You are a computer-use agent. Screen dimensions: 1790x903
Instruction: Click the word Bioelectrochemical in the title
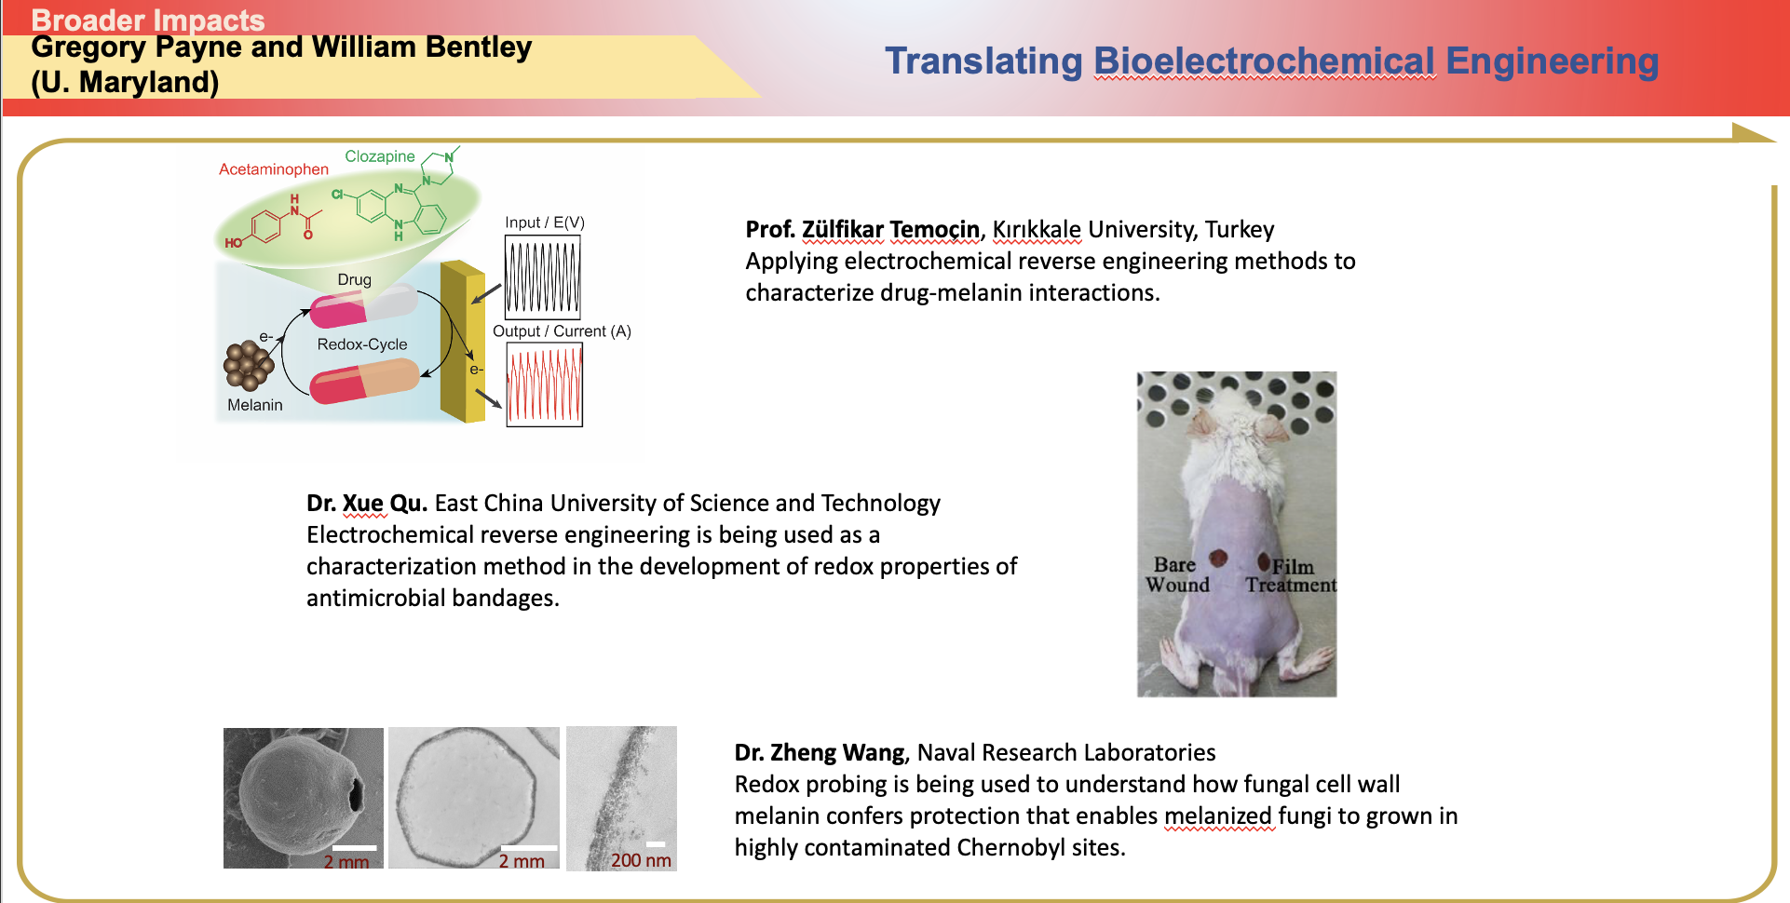pos(1265,61)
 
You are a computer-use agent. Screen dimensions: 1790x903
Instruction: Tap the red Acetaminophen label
pos(274,169)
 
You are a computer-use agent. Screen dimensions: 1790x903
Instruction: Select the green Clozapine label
pos(380,156)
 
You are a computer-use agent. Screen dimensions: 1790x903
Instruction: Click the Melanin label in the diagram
pos(255,405)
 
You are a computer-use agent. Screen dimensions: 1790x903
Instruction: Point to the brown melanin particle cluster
pos(249,365)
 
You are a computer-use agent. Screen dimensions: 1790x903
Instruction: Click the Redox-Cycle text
pos(362,344)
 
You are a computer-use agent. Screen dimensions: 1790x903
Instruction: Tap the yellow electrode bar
pos(462,342)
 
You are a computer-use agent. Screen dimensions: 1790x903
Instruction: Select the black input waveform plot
pos(543,277)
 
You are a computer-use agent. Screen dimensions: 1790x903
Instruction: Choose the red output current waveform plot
pos(545,384)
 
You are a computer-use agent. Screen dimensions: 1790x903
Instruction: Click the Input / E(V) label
pos(545,222)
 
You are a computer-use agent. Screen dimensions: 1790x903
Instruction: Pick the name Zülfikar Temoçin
pos(890,230)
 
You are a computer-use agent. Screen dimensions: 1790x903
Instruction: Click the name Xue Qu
pos(384,504)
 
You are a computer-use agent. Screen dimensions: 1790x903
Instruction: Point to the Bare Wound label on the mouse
pos(1177,574)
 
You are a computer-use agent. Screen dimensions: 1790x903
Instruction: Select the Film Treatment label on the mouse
pos(1292,575)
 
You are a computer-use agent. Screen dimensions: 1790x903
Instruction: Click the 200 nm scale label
pos(641,861)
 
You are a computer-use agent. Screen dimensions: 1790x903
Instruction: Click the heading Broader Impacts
pos(148,20)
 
